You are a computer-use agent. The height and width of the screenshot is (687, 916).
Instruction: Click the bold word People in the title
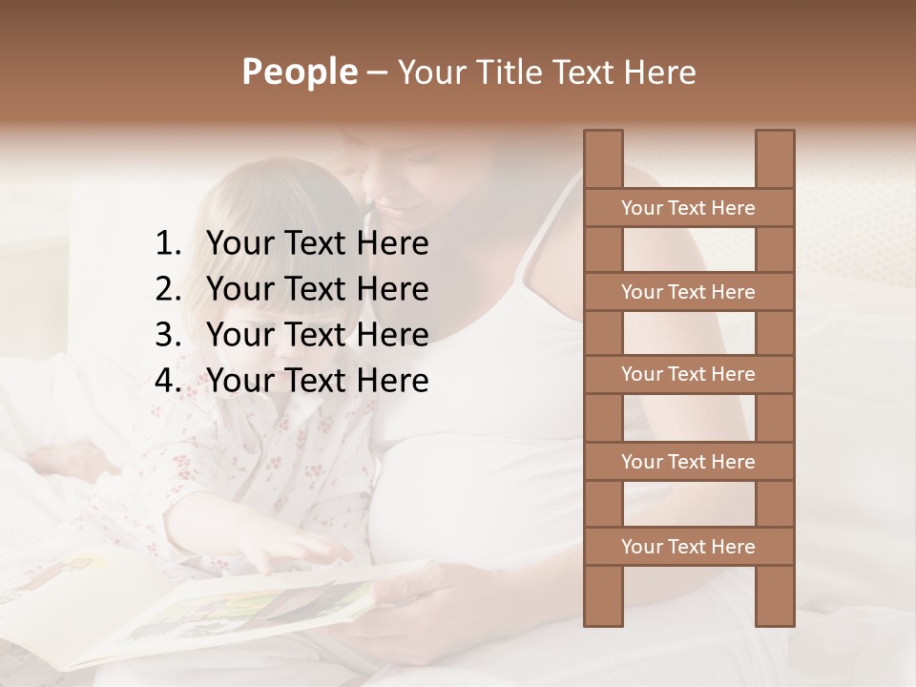(298, 72)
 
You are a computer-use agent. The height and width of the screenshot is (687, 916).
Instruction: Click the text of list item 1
(317, 244)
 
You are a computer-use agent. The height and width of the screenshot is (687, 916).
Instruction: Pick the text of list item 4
(317, 381)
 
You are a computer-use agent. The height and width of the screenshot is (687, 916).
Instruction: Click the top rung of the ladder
(688, 208)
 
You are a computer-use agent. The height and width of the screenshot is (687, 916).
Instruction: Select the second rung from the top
(688, 292)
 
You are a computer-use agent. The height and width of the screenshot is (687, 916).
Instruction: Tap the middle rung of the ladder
(688, 374)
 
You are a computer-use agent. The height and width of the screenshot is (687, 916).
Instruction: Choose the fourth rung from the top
(688, 462)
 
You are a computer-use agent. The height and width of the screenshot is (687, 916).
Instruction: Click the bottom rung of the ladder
(688, 547)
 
